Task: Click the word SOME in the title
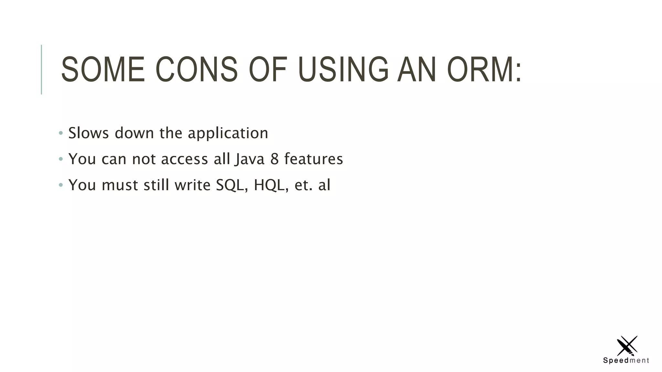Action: click(x=103, y=69)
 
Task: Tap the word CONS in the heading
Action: click(x=197, y=69)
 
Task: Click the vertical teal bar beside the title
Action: click(x=41, y=69)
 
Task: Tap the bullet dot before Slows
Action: click(x=61, y=133)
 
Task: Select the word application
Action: click(x=228, y=133)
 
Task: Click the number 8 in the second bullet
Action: click(x=274, y=159)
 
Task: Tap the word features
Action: click(x=313, y=159)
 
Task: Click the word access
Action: click(x=184, y=159)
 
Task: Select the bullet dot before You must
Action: click(x=61, y=185)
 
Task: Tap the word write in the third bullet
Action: click(x=192, y=185)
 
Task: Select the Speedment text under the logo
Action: click(x=626, y=360)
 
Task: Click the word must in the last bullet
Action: click(x=120, y=185)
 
